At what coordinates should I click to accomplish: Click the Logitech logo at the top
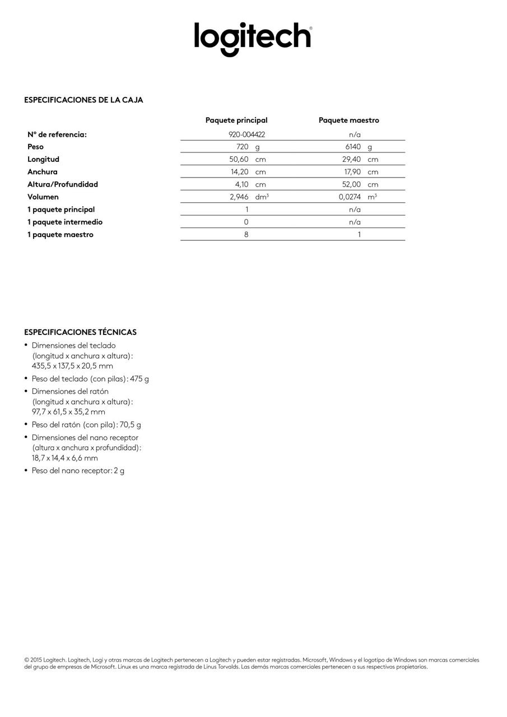[x=253, y=38]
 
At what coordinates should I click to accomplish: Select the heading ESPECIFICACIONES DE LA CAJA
[x=83, y=100]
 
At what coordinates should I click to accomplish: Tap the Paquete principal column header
[x=236, y=120]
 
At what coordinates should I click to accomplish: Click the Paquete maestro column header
[x=348, y=120]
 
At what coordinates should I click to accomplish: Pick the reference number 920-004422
[x=246, y=134]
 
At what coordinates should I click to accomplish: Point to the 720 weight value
[x=242, y=147]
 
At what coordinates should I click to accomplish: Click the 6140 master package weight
[x=353, y=147]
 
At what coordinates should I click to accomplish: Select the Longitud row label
[x=43, y=160]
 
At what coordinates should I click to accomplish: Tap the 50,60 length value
[x=239, y=160]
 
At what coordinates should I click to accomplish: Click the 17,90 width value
[x=352, y=172]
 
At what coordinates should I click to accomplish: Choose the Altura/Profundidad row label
[x=63, y=184]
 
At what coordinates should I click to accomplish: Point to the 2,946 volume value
[x=239, y=197]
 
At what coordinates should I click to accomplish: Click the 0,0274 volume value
[x=350, y=197]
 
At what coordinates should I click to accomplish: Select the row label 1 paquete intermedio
[x=65, y=222]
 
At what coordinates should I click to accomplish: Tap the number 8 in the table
[x=246, y=235]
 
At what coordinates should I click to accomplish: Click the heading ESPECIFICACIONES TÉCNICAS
[x=80, y=332]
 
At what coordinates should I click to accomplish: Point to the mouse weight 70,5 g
[x=130, y=425]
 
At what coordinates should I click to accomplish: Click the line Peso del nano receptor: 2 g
[x=78, y=471]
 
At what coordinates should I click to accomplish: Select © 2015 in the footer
[x=33, y=660]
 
